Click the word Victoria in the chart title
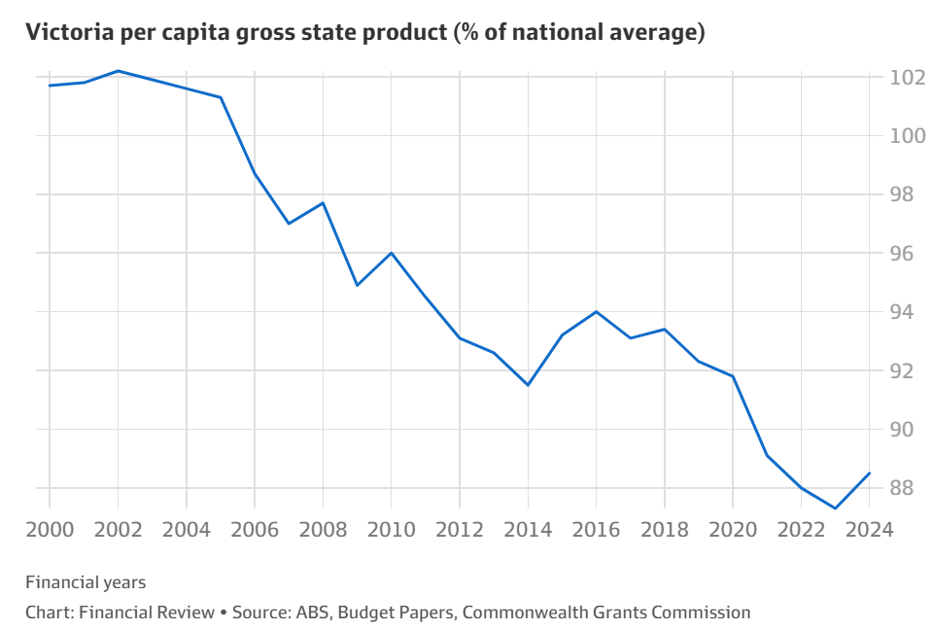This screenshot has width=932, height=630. pos(64,32)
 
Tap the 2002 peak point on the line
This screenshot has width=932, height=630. pos(118,71)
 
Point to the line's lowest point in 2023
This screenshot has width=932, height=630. pos(835,507)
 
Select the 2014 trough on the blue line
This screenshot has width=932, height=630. pos(528,385)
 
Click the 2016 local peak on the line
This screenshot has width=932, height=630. pos(596,312)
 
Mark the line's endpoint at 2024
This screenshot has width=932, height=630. pos(869,473)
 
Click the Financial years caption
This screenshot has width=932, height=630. pos(86,582)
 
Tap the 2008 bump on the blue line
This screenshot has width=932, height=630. pos(323,202)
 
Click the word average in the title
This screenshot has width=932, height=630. pos(646,32)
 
